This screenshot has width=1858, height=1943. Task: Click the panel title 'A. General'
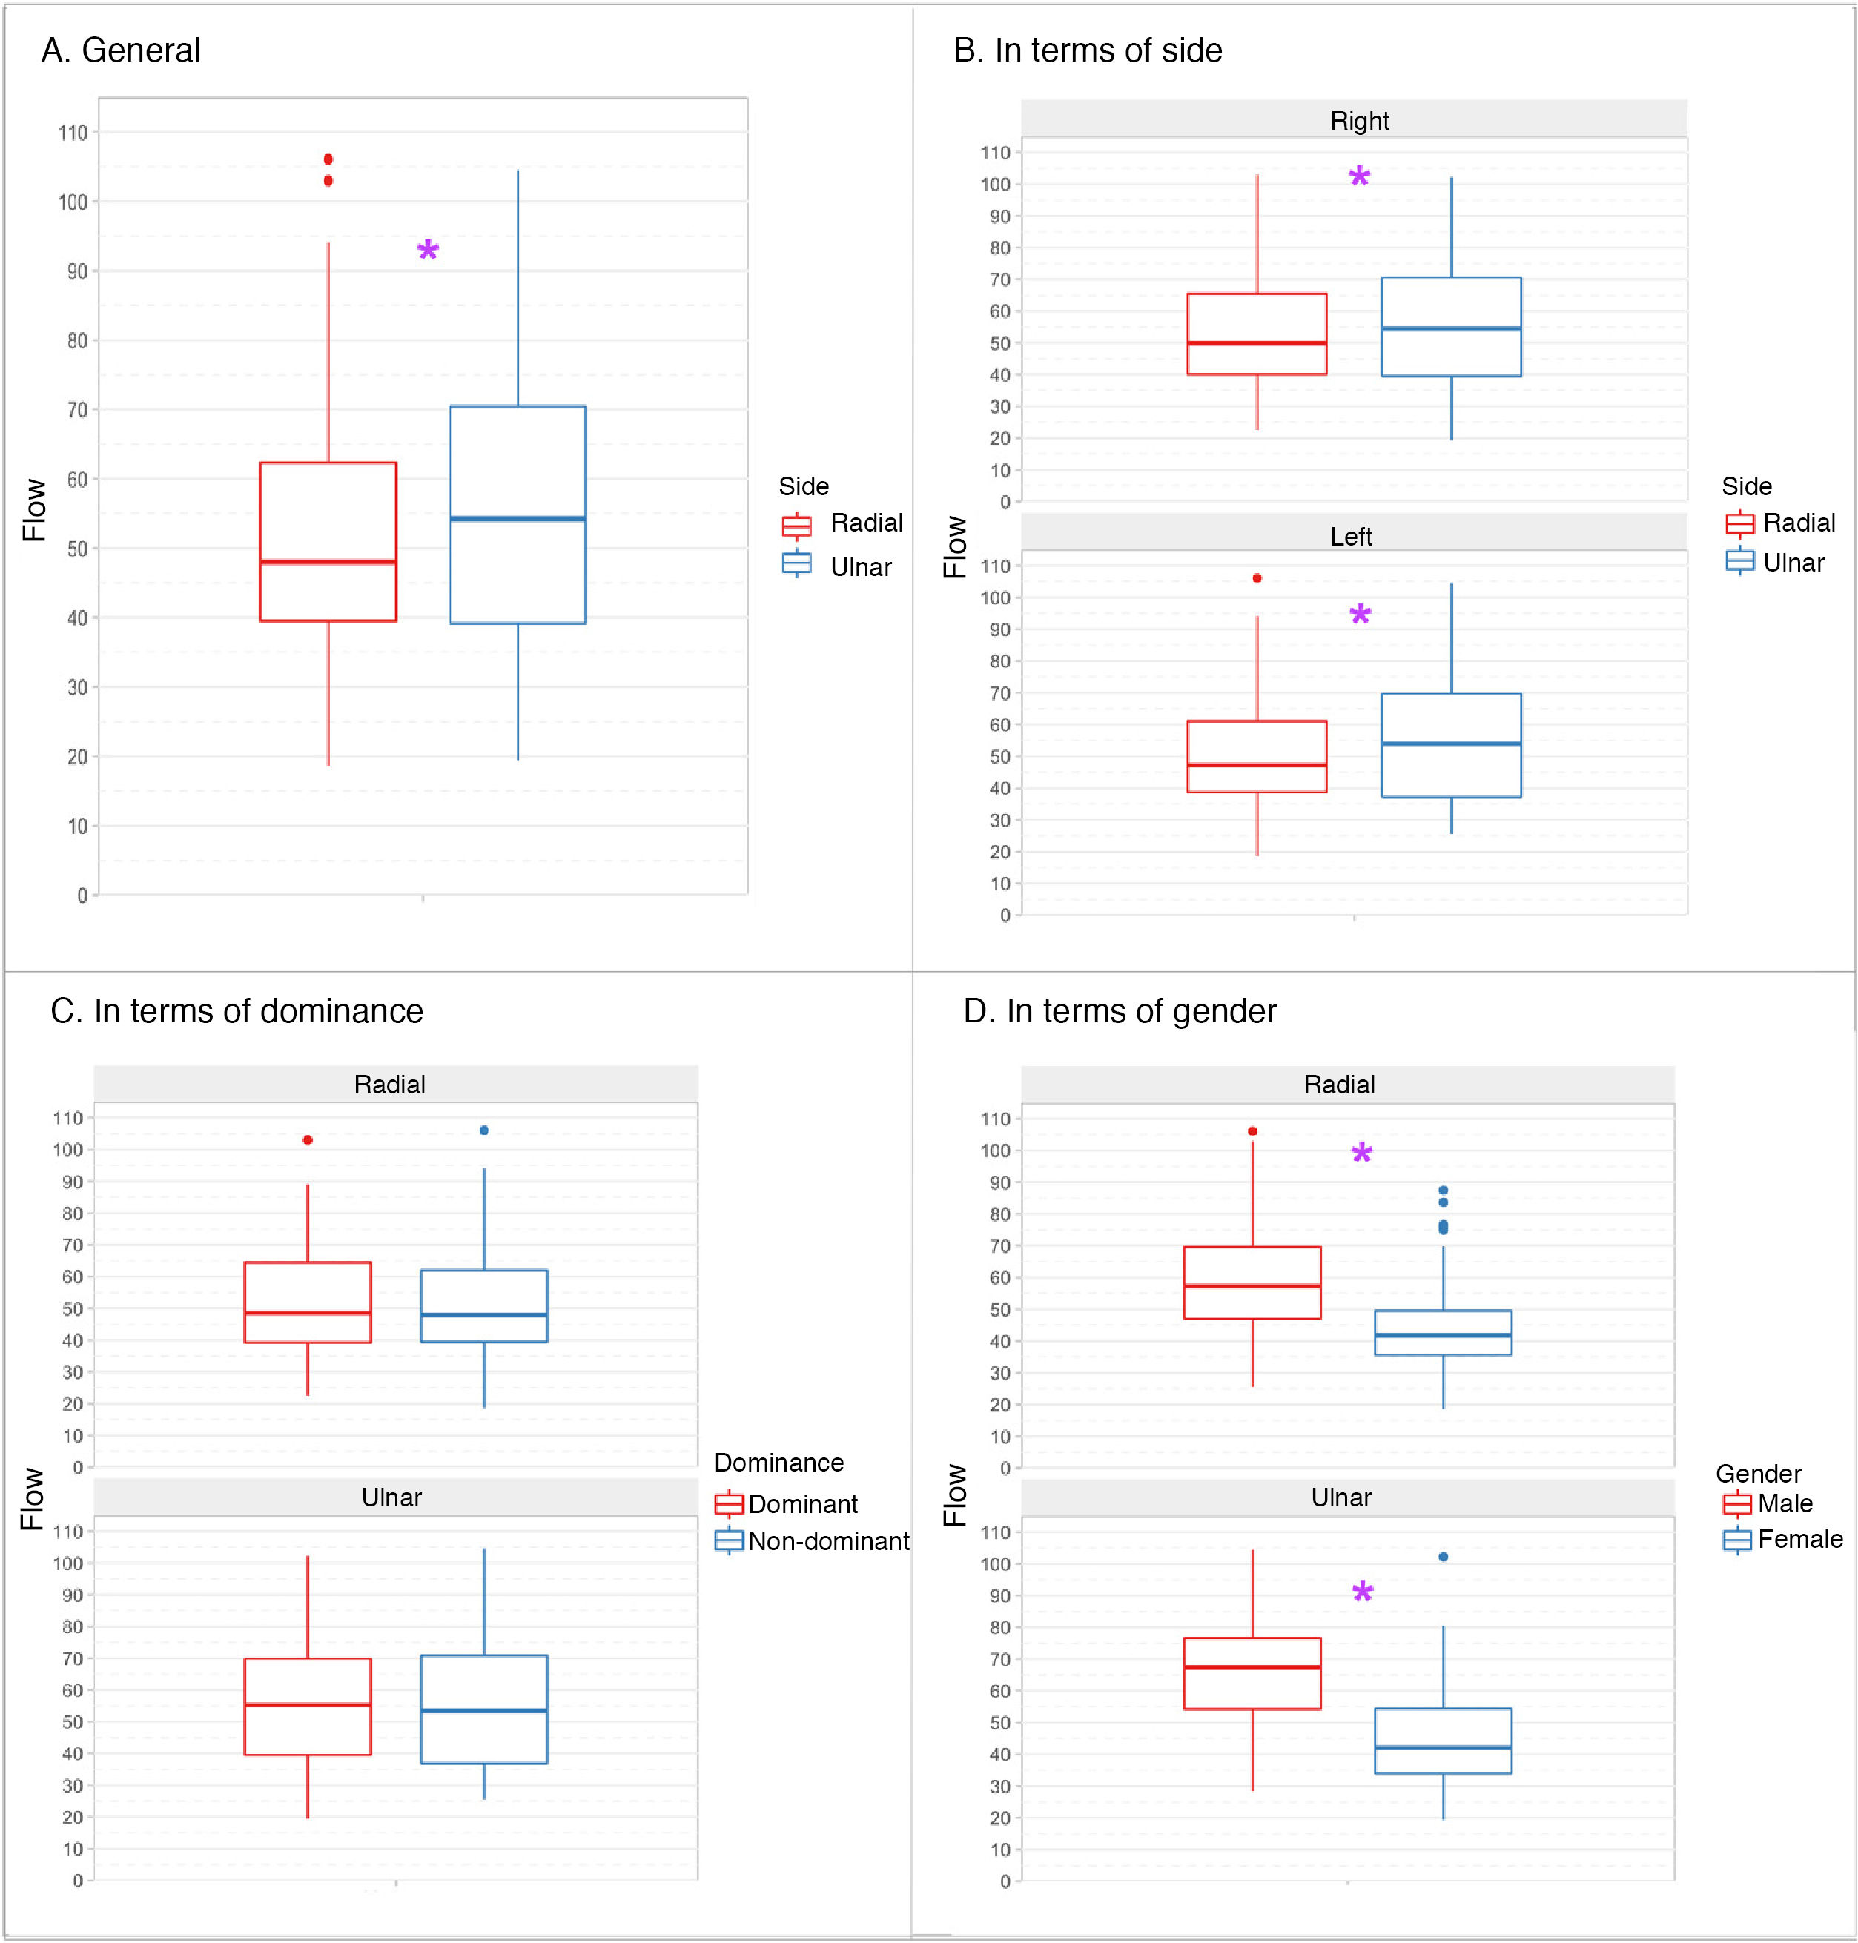(121, 50)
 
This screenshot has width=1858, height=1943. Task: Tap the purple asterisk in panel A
(428, 251)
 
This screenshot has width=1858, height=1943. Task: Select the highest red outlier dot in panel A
(328, 159)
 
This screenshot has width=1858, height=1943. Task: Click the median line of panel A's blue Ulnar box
(518, 518)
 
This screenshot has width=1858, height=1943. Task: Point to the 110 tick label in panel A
(73, 133)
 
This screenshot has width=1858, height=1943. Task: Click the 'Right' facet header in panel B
(1359, 121)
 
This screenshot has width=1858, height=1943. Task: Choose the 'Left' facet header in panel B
(1351, 537)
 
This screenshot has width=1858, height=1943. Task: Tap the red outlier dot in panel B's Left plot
(1257, 578)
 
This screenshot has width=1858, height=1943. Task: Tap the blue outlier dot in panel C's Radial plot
(484, 1130)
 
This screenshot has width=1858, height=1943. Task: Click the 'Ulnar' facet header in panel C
(391, 1497)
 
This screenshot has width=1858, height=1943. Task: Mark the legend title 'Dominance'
(778, 1463)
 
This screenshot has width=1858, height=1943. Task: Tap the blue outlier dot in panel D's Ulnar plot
(1443, 1557)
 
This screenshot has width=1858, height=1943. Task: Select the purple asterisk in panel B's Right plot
(1360, 178)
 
